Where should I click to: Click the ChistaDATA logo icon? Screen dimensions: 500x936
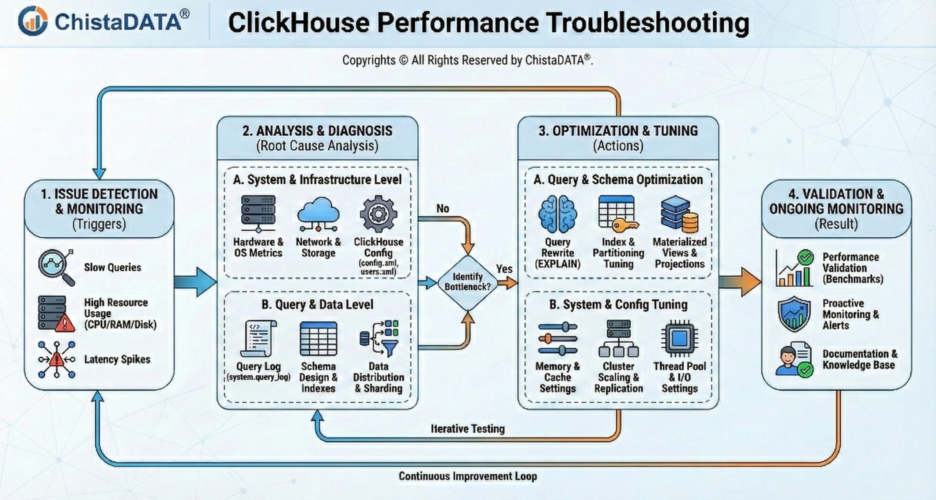[33, 21]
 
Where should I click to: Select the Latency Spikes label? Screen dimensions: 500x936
[117, 359]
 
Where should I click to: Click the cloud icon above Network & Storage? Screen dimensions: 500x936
[318, 214]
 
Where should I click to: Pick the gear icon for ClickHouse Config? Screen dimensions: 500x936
[378, 214]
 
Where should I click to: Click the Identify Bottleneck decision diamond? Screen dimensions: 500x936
[468, 282]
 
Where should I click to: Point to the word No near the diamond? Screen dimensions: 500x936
[442, 208]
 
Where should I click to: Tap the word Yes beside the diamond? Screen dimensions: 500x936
[504, 269]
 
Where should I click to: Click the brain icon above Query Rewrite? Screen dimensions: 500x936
[558, 214]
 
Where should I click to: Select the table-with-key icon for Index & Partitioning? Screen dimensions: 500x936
[618, 214]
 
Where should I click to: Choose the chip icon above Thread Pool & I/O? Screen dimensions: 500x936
[679, 338]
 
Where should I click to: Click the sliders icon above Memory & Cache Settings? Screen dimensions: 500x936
[558, 339]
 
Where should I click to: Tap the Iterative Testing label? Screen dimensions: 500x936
[468, 428]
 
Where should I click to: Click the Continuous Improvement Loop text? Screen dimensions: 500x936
[468, 476]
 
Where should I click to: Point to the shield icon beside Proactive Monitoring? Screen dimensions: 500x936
[794, 314]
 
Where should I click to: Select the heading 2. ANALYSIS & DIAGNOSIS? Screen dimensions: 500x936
[317, 131]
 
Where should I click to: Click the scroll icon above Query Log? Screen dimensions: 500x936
[258, 338]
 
